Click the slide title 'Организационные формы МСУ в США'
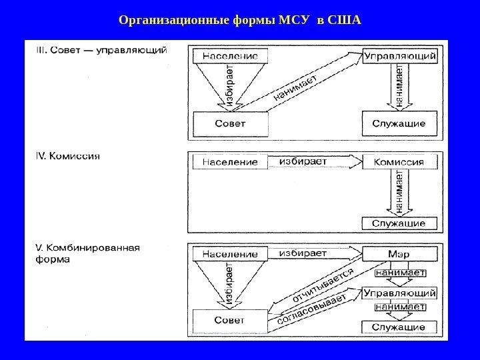239,19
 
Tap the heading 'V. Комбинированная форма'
87,253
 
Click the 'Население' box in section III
229,56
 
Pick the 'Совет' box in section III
229,124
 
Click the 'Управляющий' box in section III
400,56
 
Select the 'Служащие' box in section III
400,123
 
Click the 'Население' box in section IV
229,162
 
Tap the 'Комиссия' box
400,162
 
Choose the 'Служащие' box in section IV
400,223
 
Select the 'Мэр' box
400,254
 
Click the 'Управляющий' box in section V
400,292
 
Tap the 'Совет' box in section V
229,321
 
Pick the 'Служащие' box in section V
400,327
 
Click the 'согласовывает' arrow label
311,311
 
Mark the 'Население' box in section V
229,254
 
